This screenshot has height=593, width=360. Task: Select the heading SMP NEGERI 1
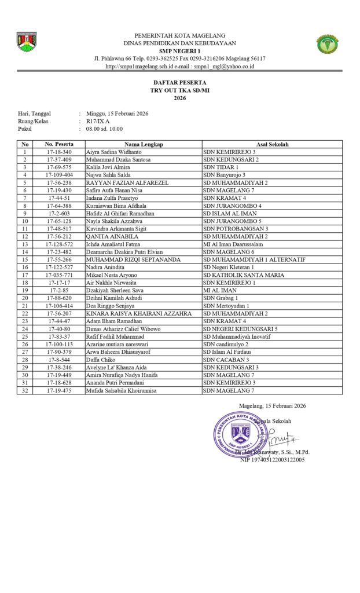tap(179, 51)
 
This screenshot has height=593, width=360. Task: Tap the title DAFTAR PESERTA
tap(179, 83)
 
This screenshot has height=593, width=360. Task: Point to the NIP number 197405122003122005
tap(273, 459)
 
